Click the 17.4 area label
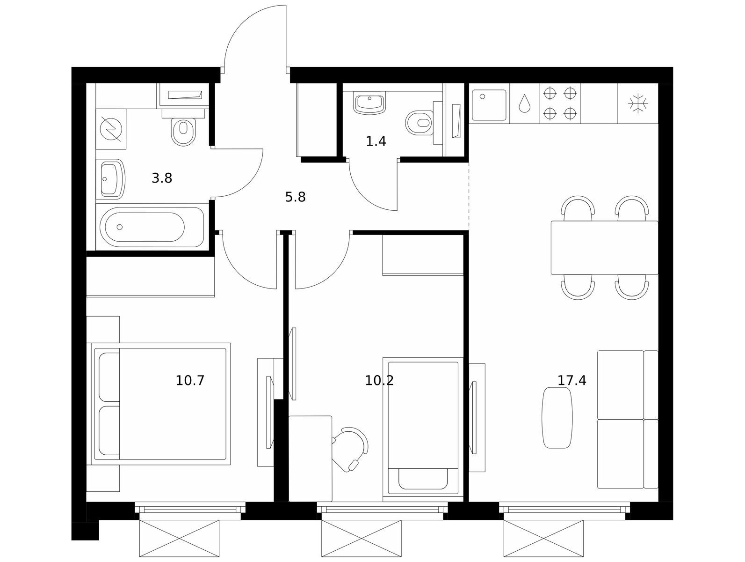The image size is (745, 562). (x=572, y=381)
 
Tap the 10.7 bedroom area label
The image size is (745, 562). (x=190, y=381)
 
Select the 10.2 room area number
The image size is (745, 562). (x=379, y=381)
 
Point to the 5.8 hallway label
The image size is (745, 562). (x=295, y=197)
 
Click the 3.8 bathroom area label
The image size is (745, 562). (x=162, y=178)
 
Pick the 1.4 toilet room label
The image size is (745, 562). (x=376, y=141)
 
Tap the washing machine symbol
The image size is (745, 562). (x=111, y=129)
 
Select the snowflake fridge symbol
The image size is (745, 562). (x=638, y=103)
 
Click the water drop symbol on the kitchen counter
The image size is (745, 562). (x=525, y=103)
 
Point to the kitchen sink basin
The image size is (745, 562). (x=489, y=105)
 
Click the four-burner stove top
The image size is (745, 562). (x=560, y=104)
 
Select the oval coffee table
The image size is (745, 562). (x=557, y=418)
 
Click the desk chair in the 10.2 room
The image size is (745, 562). (x=350, y=449)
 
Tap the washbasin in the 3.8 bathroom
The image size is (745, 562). (x=111, y=179)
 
